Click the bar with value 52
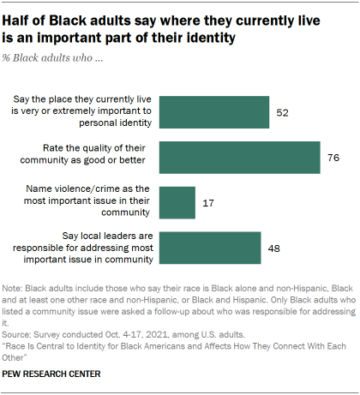pos(213,112)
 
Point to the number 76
pos(331,157)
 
